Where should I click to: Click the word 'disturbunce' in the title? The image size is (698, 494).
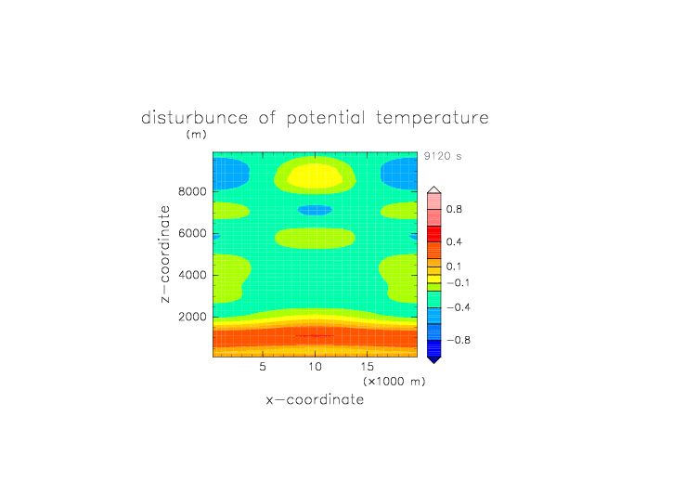(x=194, y=118)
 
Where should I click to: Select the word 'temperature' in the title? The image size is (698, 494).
(x=433, y=118)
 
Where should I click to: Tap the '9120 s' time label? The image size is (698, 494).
(x=443, y=156)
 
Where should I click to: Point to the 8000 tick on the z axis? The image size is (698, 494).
(x=192, y=191)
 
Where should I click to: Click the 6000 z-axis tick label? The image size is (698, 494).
(x=192, y=233)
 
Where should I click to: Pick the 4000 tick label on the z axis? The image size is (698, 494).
(x=192, y=275)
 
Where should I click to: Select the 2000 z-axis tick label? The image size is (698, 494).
(x=192, y=317)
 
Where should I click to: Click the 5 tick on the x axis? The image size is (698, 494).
(x=263, y=367)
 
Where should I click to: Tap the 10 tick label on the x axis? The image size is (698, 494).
(x=315, y=367)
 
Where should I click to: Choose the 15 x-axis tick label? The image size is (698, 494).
(x=368, y=367)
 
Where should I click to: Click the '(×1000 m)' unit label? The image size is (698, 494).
(x=394, y=382)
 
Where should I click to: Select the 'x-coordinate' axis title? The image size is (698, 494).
(x=315, y=399)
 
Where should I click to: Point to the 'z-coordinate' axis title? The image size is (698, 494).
(x=164, y=254)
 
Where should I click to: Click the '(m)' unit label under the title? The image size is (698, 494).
(x=197, y=134)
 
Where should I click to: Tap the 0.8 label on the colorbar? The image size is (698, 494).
(x=454, y=209)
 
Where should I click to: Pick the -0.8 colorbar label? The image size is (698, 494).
(x=459, y=340)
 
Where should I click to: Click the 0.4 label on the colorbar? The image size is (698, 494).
(x=454, y=241)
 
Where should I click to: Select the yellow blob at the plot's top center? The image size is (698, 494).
(x=315, y=175)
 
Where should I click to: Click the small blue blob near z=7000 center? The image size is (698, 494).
(x=315, y=210)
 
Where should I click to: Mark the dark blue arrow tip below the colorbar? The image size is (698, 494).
(x=434, y=363)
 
